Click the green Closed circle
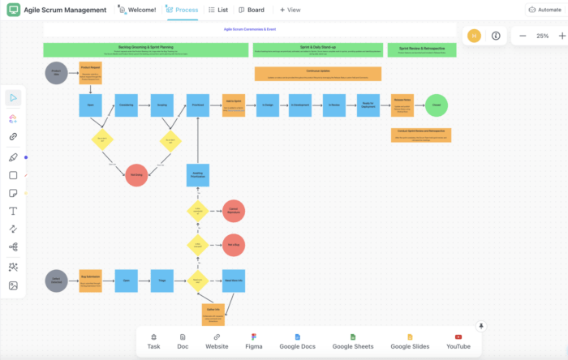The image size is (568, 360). (x=437, y=105)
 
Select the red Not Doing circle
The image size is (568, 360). (x=136, y=175)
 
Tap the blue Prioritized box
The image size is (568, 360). (x=198, y=105)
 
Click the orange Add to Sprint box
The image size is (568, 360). (x=234, y=105)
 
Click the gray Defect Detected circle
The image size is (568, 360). (x=56, y=281)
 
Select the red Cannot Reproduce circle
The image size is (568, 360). (x=234, y=211)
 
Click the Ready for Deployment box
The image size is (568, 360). (x=368, y=105)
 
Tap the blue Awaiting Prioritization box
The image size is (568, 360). (x=198, y=175)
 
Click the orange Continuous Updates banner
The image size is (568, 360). (x=317, y=74)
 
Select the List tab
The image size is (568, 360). (x=218, y=10)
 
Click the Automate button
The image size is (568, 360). (x=543, y=10)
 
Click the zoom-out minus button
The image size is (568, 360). (x=523, y=36)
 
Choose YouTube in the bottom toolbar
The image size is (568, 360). (x=458, y=341)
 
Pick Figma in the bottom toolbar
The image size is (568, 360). (x=254, y=341)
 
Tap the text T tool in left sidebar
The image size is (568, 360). (x=13, y=211)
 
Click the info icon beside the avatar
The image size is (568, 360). (x=496, y=36)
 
